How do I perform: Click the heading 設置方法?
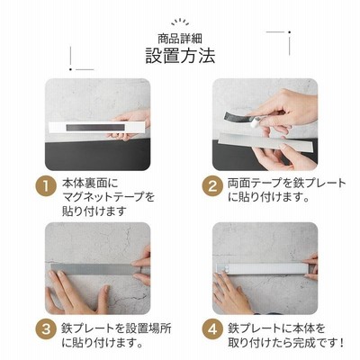180,56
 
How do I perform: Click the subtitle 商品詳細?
180,39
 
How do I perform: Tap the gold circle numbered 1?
46,186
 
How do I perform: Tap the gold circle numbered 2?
212,186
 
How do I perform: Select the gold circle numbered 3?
46,330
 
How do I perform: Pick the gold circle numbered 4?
212,330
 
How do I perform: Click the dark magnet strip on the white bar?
95,127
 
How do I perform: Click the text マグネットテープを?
108,197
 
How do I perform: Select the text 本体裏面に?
90,183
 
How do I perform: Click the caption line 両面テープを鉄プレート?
287,183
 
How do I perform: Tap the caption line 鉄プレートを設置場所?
116,328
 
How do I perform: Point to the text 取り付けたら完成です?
285,342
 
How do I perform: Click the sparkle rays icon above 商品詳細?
180,22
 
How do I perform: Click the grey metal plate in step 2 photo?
266,143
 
